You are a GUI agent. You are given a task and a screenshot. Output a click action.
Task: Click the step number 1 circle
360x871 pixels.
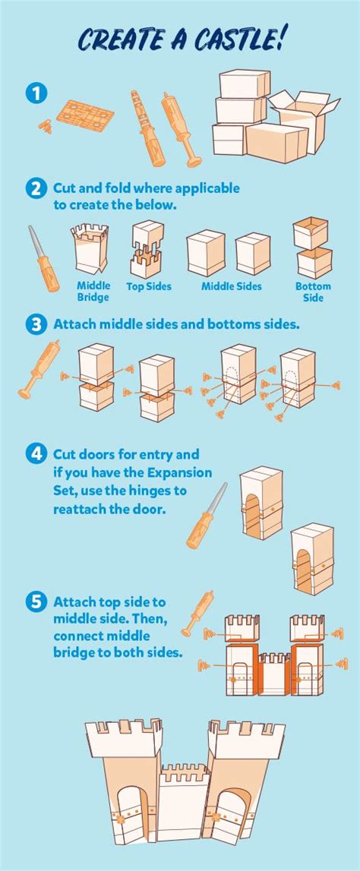point(36,93)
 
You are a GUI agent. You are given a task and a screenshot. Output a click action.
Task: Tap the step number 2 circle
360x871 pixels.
point(36,189)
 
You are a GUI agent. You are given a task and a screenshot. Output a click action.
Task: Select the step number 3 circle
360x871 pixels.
point(36,325)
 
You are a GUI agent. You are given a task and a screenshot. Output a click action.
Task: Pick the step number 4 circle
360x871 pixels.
point(36,454)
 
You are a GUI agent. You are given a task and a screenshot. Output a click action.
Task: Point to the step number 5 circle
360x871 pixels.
point(36,602)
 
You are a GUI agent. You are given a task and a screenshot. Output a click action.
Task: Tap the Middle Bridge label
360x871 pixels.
point(93,292)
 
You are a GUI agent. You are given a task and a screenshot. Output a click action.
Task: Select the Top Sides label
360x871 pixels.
point(149,286)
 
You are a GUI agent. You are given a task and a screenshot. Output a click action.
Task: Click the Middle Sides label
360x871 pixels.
point(231,286)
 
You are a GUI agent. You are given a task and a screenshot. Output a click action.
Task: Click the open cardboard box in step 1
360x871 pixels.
point(305,119)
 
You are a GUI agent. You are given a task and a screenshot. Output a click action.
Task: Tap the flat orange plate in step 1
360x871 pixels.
point(86,115)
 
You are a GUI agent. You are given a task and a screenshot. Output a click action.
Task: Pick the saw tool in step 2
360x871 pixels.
point(44,258)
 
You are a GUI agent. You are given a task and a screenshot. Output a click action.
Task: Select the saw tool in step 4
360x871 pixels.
point(206,516)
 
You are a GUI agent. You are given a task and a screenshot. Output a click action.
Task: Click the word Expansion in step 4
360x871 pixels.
point(180,473)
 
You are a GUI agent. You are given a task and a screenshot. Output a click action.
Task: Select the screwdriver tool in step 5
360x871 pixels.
point(197,614)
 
